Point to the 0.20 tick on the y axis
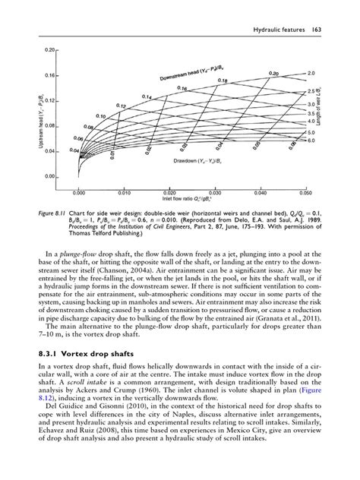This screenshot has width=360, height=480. click(52, 50)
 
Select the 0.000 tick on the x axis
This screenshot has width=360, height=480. click(78, 193)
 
